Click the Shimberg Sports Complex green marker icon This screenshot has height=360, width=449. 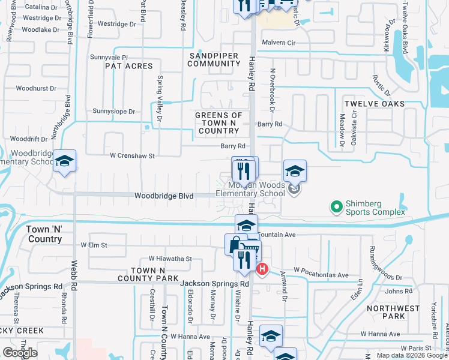coord(336,208)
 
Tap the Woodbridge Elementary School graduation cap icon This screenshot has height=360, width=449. coord(64,161)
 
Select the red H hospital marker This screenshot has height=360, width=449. coord(262,269)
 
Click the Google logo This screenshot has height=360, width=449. coord(19,353)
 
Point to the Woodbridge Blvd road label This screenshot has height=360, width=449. coord(164,196)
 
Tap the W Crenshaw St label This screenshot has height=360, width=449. coord(132,155)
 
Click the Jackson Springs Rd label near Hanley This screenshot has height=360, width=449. coord(215,284)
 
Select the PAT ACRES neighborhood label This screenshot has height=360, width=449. coord(130,66)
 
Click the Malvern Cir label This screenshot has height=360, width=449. coord(280,43)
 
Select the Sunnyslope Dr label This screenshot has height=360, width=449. coord(114,111)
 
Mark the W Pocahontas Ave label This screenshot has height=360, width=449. coord(321,275)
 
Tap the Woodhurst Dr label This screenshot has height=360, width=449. coord(36,88)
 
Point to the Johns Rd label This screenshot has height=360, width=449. coord(399,292)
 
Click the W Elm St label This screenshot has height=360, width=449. coord(94,245)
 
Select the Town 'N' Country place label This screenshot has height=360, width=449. coord(44,235)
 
